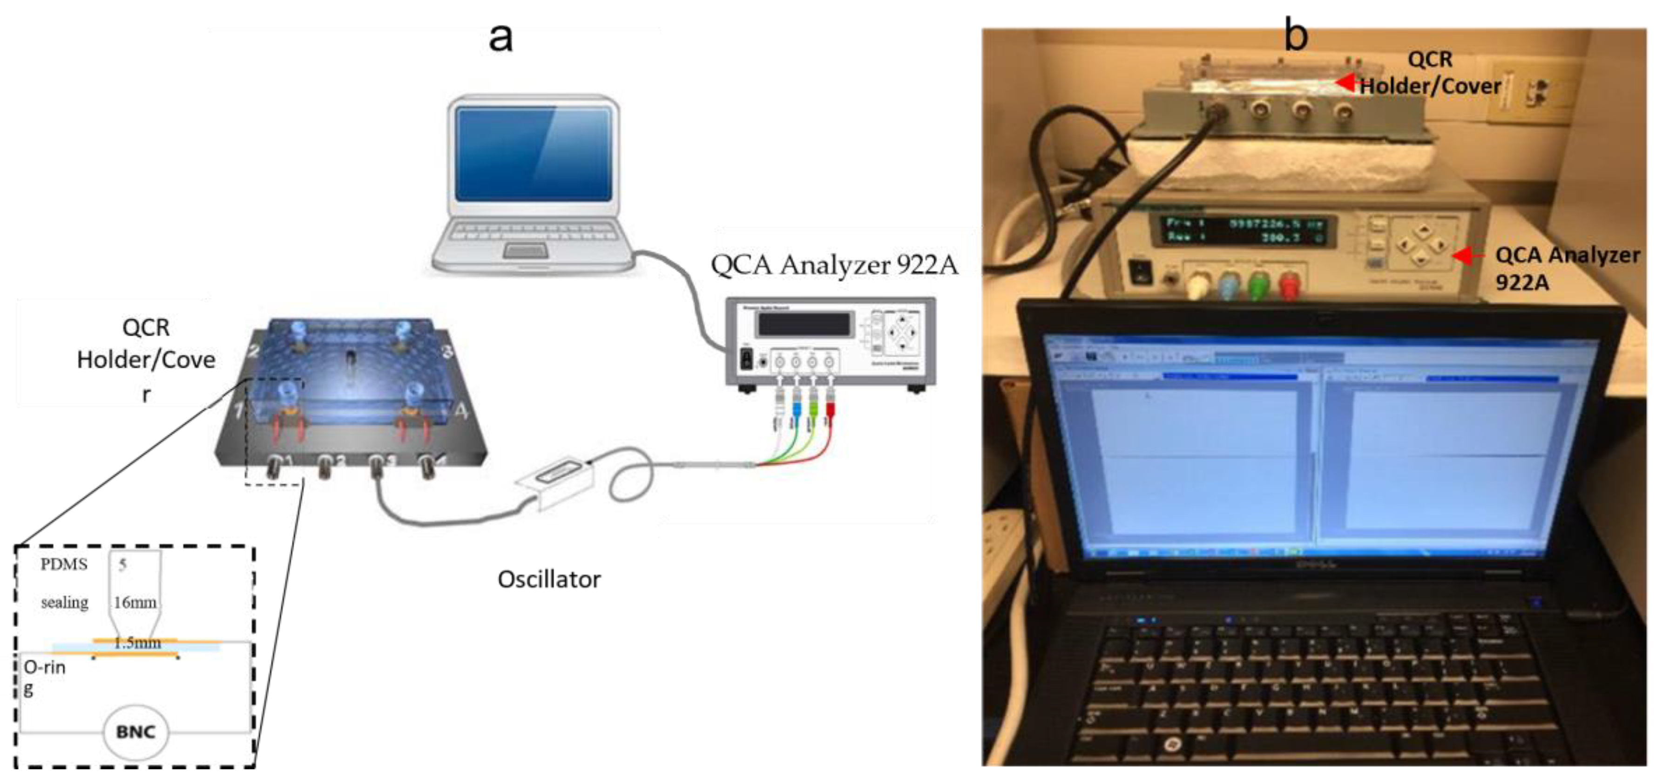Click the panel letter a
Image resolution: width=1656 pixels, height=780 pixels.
pos(501,37)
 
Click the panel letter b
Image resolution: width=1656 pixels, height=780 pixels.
pos(1295,35)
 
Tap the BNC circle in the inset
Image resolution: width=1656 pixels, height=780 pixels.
pos(135,732)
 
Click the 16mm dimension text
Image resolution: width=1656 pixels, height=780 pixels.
pos(135,603)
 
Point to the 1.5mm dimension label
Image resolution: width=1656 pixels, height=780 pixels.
pos(137,642)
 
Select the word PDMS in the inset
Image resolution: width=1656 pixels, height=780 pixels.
pos(64,564)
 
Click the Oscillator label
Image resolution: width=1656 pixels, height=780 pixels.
pos(549,579)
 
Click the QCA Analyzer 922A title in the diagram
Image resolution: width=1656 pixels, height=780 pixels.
pos(834,265)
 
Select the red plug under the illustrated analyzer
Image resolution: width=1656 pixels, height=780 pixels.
pos(830,408)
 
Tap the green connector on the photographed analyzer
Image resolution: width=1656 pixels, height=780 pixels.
pos(1257,285)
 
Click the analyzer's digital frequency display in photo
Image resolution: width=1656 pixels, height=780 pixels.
pos(1244,230)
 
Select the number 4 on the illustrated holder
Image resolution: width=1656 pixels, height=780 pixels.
pos(461,410)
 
